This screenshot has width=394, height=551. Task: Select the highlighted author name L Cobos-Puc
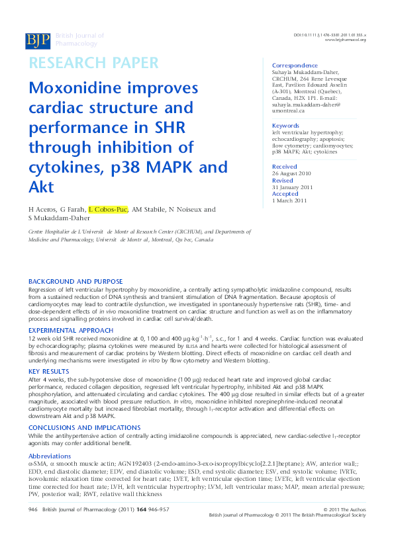[x=109, y=210]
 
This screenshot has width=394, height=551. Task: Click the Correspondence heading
[x=295, y=65]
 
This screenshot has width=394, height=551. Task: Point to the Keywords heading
[x=286, y=126]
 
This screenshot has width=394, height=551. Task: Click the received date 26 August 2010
[x=293, y=173]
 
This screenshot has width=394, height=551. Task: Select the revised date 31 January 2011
[x=293, y=187]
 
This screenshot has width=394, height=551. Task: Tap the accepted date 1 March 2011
[x=289, y=200]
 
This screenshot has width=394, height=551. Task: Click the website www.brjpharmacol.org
[x=345, y=40]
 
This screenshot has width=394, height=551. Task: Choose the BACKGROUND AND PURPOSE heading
[x=75, y=282]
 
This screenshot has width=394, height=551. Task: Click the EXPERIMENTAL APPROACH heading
[x=71, y=330]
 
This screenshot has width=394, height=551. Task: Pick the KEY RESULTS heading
[x=48, y=372]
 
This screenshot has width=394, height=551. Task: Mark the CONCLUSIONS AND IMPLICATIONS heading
[x=85, y=427]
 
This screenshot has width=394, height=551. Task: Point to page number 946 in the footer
[x=34, y=527]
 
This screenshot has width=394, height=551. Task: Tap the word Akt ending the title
[x=42, y=186]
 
